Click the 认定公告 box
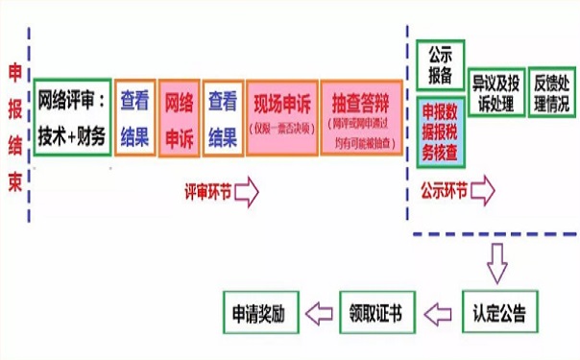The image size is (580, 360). tap(499, 313)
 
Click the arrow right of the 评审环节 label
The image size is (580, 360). tap(247, 190)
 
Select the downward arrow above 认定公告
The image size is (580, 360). tap(496, 260)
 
